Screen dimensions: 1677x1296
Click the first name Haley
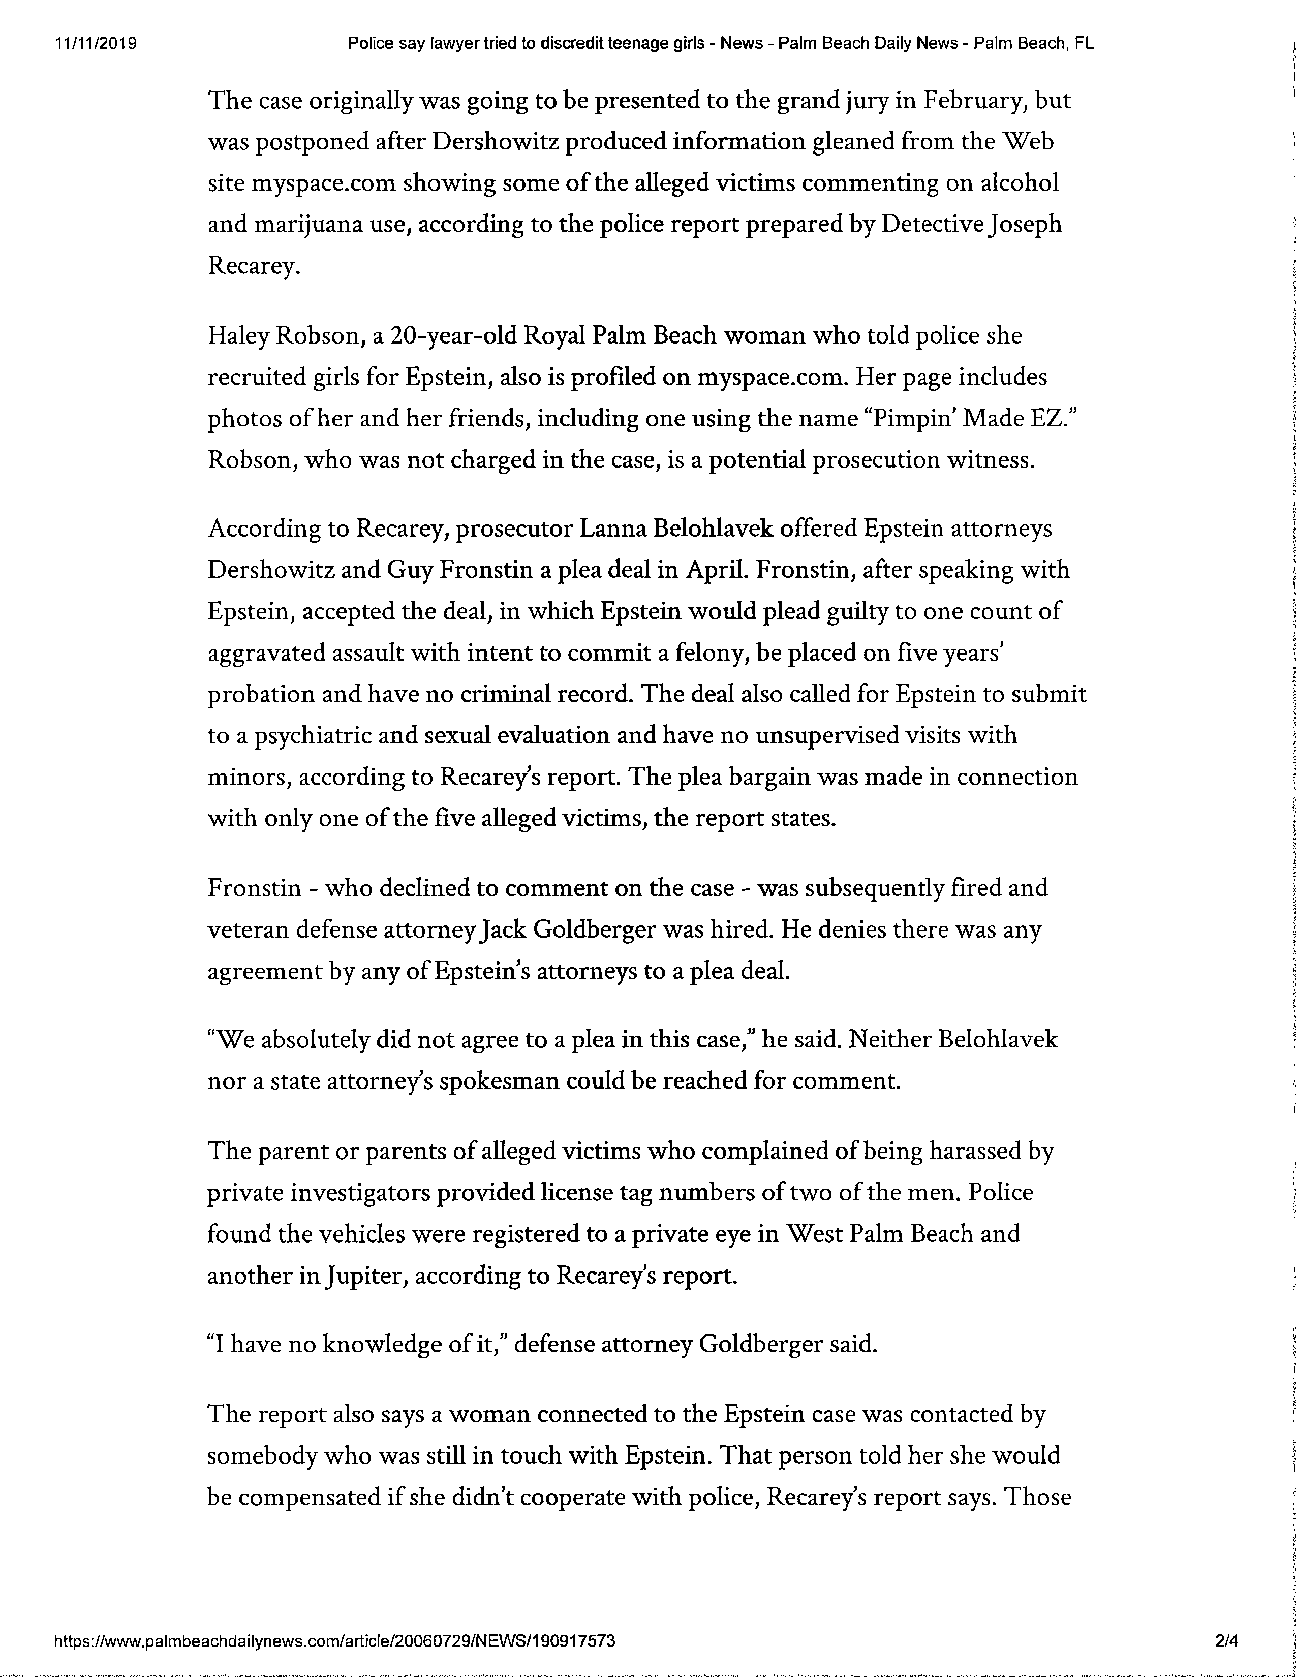point(238,336)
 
